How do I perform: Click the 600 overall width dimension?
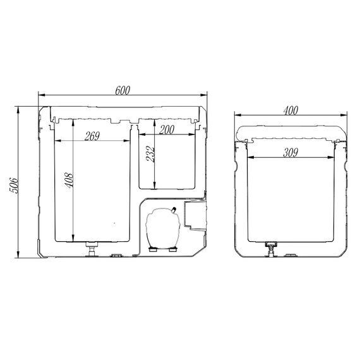(123, 90)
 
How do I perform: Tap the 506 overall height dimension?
(13, 185)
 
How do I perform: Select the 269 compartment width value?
(92, 136)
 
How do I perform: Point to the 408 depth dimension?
(69, 180)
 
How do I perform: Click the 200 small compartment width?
(167, 129)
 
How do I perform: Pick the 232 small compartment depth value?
(150, 154)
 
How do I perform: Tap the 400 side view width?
(291, 111)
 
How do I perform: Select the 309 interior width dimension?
(291, 153)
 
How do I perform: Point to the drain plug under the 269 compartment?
(92, 249)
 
